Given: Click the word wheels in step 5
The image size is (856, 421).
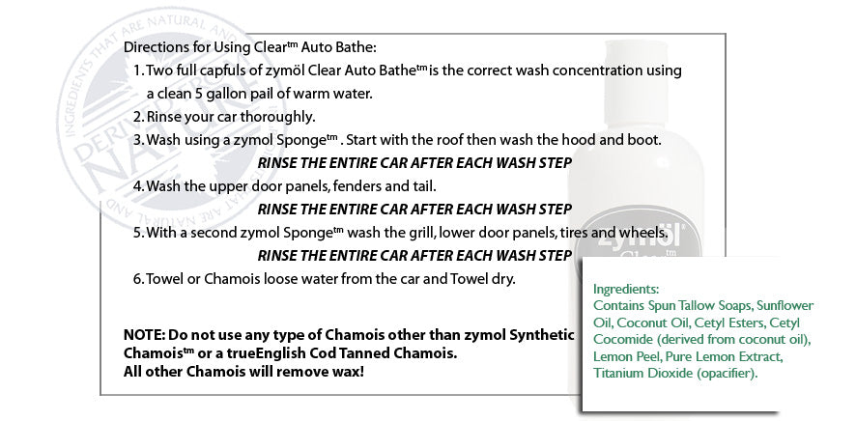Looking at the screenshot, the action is pos(647,233).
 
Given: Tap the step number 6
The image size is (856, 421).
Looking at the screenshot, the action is pos(138,279).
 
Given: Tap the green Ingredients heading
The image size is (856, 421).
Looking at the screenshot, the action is pos(626,289).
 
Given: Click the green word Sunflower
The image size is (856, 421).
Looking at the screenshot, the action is pos(785,305).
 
